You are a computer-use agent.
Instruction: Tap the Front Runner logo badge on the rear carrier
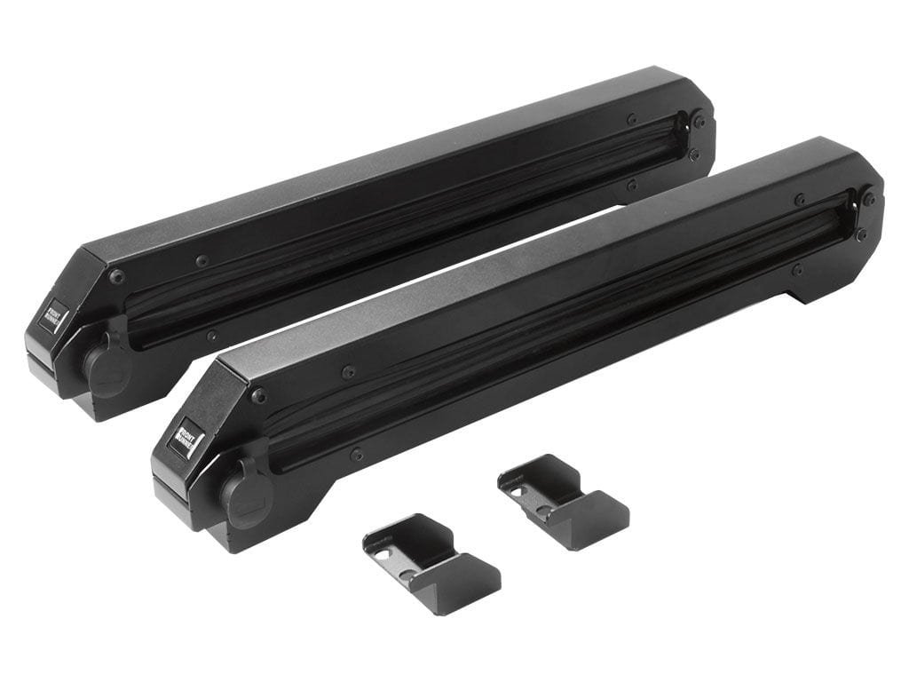[x=53, y=318]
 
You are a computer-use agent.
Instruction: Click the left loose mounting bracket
[x=431, y=563]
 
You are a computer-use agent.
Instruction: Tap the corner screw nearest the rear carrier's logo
[x=117, y=277]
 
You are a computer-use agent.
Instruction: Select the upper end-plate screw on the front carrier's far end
[x=867, y=200]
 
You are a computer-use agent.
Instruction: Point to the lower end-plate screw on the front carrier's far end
[x=859, y=234]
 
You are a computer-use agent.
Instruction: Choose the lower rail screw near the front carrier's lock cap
[x=356, y=454]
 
